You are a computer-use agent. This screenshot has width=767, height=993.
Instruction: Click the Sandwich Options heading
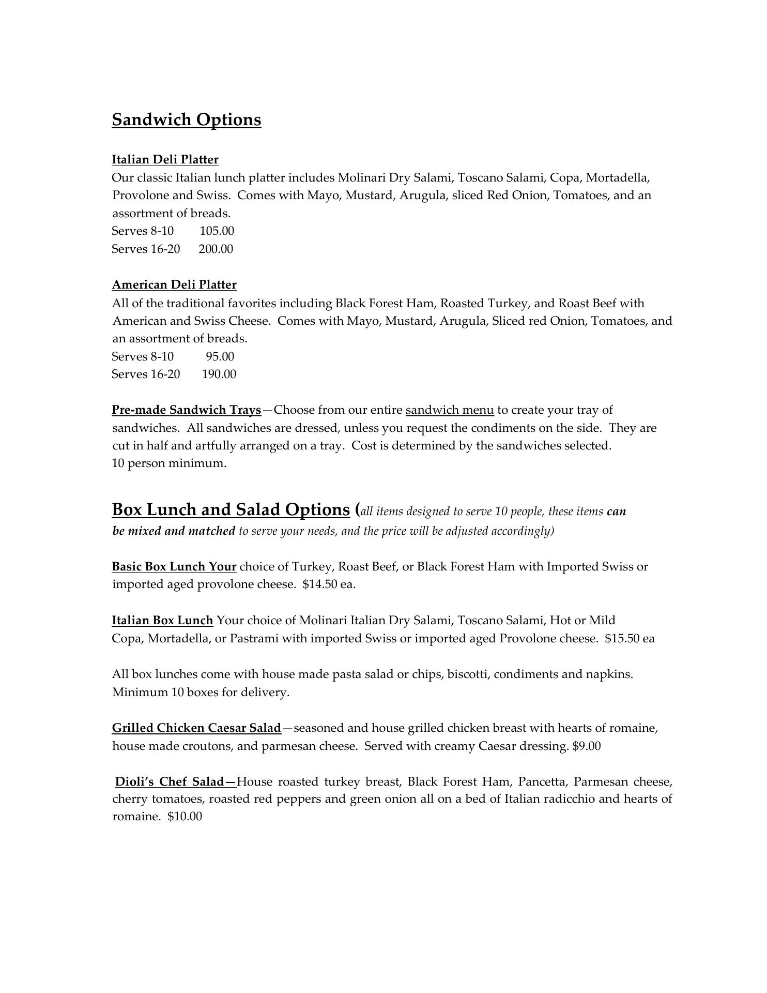pyautogui.click(x=187, y=119)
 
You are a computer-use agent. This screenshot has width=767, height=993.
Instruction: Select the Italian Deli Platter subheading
pyautogui.click(x=165, y=159)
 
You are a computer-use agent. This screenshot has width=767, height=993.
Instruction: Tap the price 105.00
pyautogui.click(x=217, y=231)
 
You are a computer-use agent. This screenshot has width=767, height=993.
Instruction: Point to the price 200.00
pyautogui.click(x=216, y=249)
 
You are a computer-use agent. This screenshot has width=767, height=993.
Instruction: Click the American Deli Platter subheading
pyautogui.click(x=174, y=284)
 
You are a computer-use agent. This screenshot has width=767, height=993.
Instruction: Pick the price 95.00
pyautogui.click(x=220, y=356)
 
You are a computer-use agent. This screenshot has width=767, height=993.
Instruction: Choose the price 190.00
pyautogui.click(x=219, y=374)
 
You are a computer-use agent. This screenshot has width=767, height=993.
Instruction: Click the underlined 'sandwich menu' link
pyautogui.click(x=450, y=410)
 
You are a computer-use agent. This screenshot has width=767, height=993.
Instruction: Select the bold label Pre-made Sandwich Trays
pyautogui.click(x=187, y=410)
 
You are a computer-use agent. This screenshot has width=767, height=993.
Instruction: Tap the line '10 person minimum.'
pyautogui.click(x=169, y=463)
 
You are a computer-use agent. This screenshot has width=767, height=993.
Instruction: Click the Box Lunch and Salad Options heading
pyautogui.click(x=231, y=509)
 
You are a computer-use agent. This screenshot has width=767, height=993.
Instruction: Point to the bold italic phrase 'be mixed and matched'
pyautogui.click(x=174, y=531)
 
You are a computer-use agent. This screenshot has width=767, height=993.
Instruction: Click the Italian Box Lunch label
pyautogui.click(x=162, y=620)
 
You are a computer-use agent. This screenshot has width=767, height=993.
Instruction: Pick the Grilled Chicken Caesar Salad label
pyautogui.click(x=196, y=728)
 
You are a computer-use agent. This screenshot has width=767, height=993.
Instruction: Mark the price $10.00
pyautogui.click(x=185, y=817)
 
